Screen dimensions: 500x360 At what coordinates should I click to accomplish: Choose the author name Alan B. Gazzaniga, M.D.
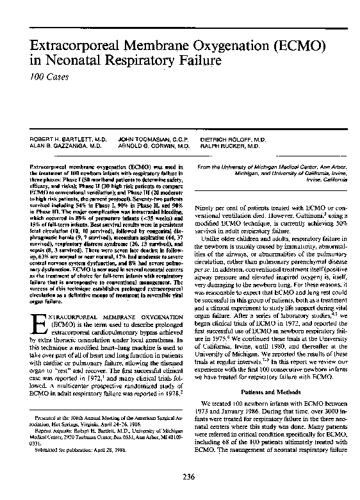click(61, 146)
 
